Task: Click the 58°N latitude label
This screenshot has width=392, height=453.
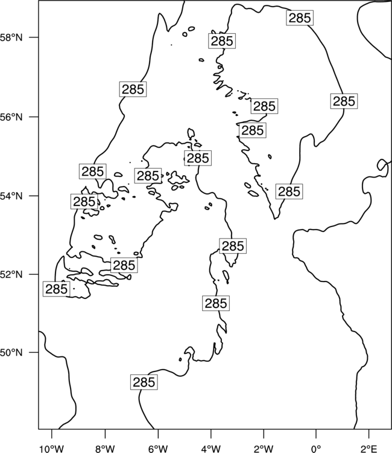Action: [x=11, y=37]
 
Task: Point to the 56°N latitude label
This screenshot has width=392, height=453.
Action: [x=11, y=117]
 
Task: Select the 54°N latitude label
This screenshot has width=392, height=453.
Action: [x=11, y=196]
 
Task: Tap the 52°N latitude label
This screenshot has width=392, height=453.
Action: [x=11, y=274]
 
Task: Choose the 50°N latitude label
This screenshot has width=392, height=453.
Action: [x=11, y=353]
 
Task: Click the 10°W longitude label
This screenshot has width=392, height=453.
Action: [x=52, y=449]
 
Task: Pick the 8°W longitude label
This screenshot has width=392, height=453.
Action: [x=105, y=449]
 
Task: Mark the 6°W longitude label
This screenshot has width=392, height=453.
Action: [x=158, y=449]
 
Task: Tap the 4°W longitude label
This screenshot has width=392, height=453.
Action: [x=210, y=449]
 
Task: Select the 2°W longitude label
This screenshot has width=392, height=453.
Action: [x=264, y=449]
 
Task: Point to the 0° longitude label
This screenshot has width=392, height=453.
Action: [x=316, y=449]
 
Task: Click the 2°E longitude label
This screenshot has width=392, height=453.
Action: [x=369, y=449]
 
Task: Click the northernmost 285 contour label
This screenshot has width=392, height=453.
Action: [x=300, y=18]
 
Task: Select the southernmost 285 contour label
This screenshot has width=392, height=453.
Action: [x=144, y=382]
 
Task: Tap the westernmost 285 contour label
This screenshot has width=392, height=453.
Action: [x=56, y=289]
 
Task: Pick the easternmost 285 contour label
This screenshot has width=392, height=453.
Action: [x=344, y=101]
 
